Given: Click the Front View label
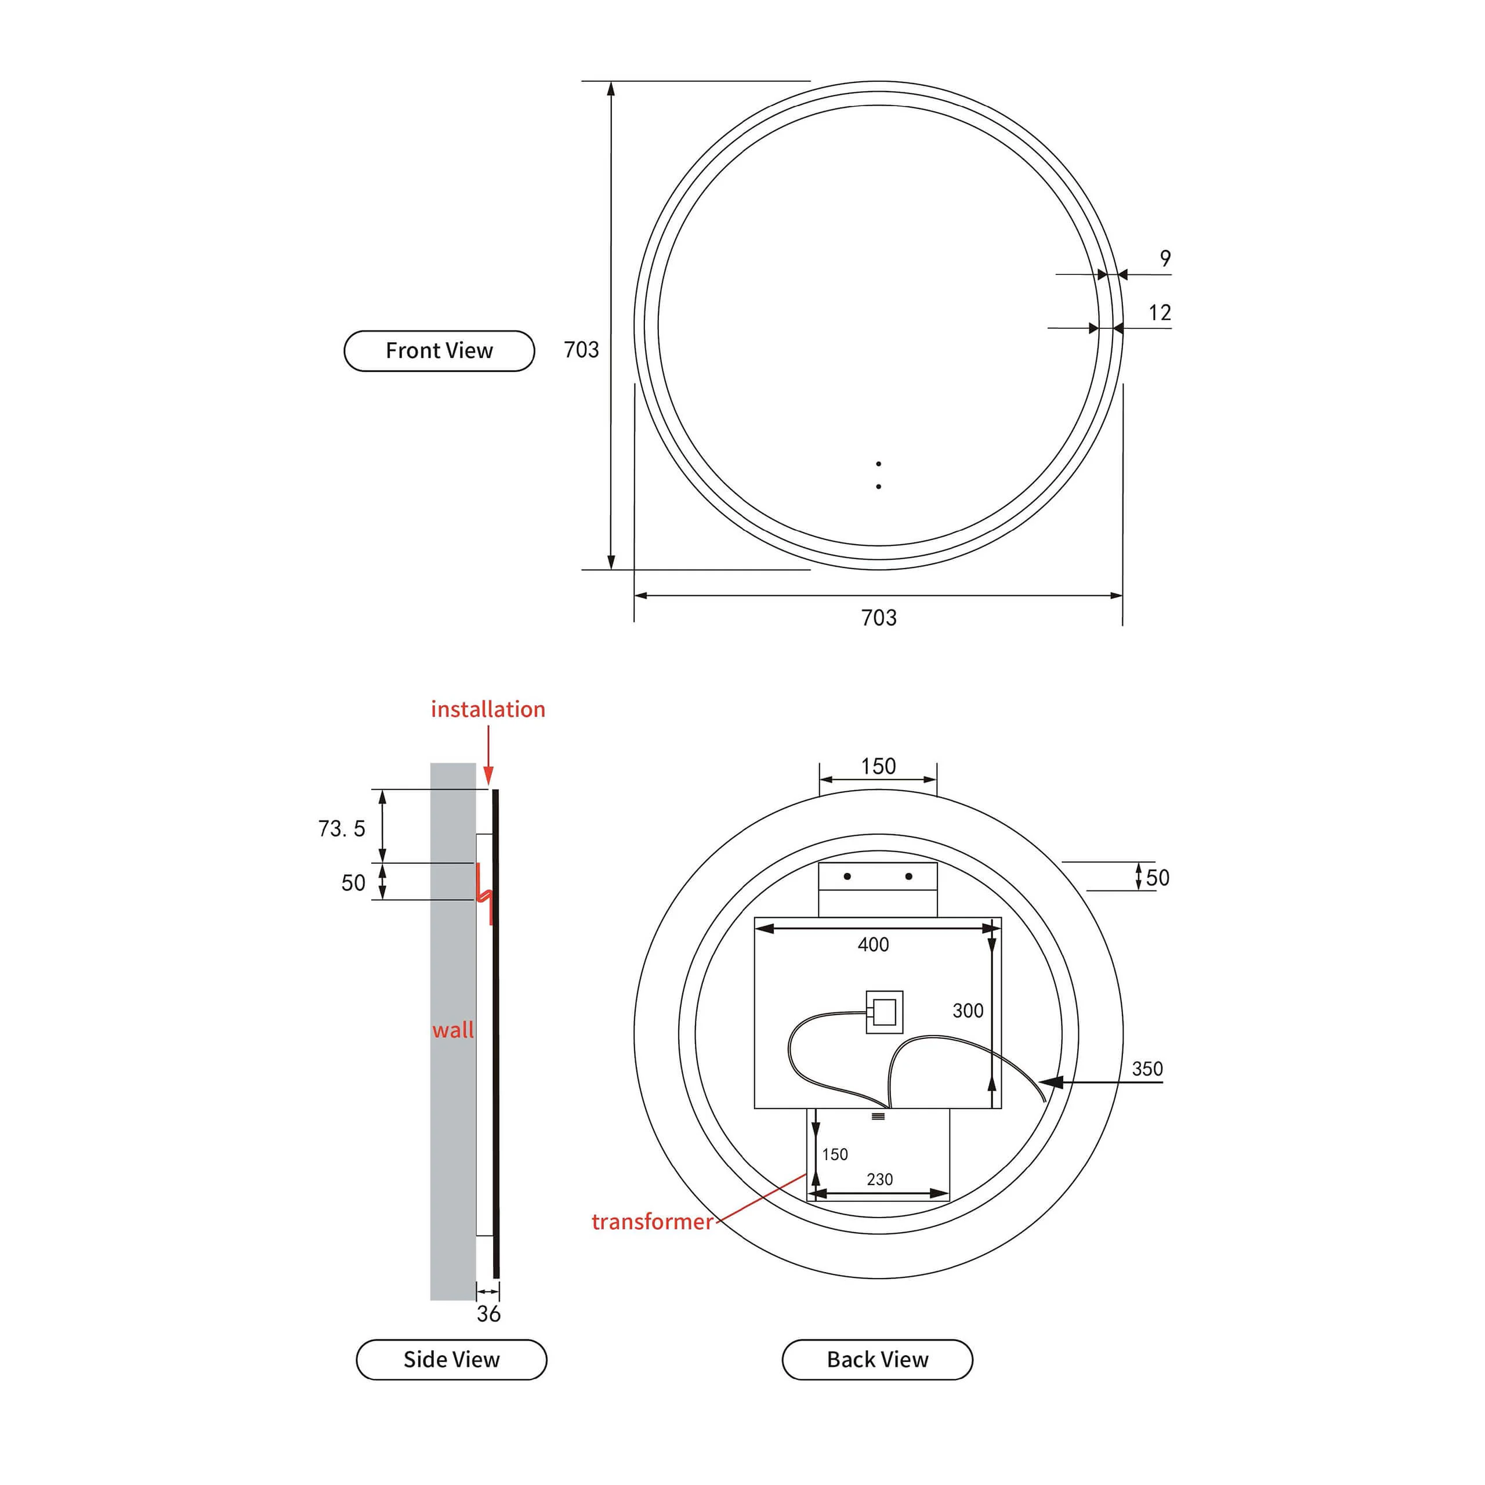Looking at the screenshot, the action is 439,350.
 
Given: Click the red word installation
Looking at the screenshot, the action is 488,709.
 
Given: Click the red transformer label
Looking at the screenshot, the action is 652,1222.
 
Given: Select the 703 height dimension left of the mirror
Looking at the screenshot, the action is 581,350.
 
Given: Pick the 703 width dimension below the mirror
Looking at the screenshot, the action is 879,617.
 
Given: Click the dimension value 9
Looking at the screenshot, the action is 1165,258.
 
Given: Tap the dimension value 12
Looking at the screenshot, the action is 1160,313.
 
